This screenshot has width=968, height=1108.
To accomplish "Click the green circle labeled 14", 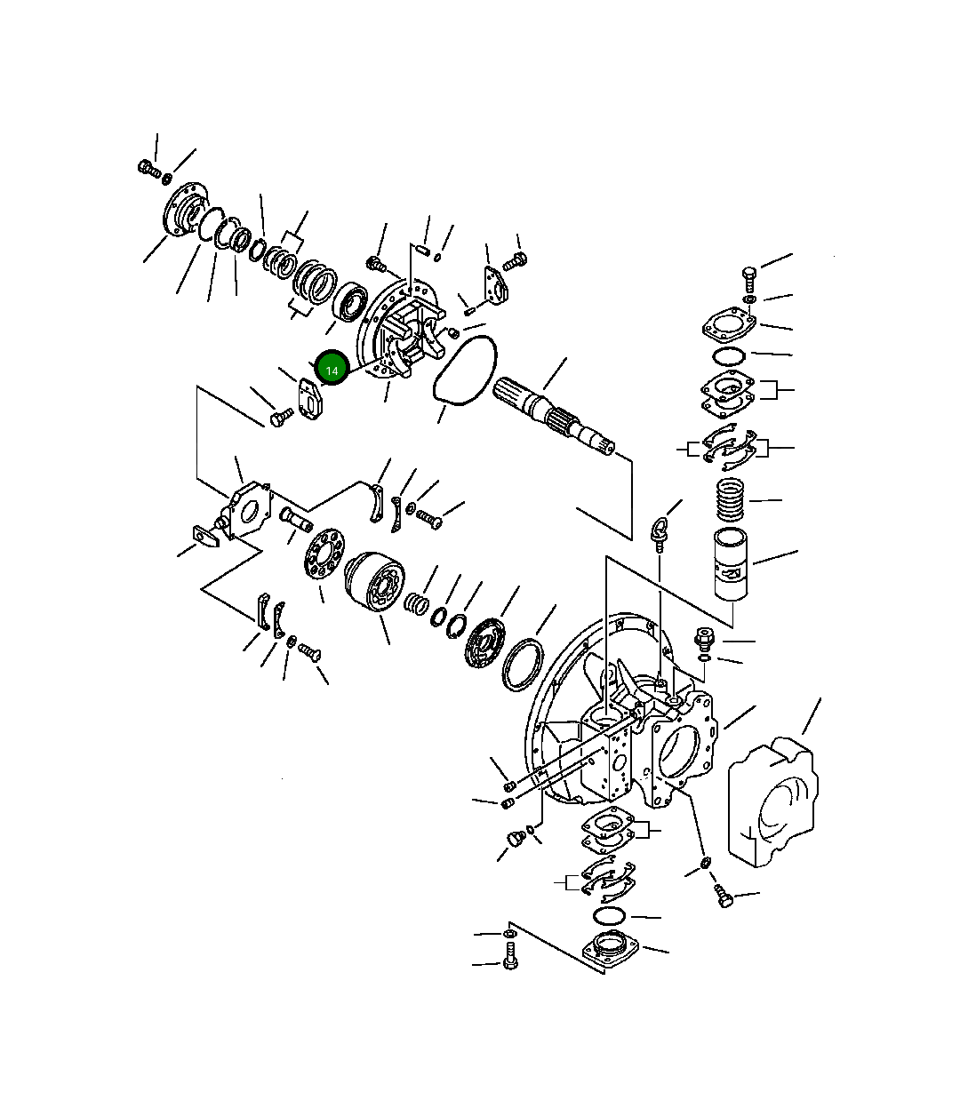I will pyautogui.click(x=332, y=369).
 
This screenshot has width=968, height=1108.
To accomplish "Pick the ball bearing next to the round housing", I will pyautogui.click(x=350, y=300).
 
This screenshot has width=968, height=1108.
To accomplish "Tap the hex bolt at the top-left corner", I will pyautogui.click(x=148, y=168).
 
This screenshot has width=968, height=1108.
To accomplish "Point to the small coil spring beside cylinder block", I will pyautogui.click(x=416, y=603).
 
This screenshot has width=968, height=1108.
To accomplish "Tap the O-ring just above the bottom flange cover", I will pyautogui.click(x=610, y=915).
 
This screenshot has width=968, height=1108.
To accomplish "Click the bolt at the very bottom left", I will pyautogui.click(x=510, y=960).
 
